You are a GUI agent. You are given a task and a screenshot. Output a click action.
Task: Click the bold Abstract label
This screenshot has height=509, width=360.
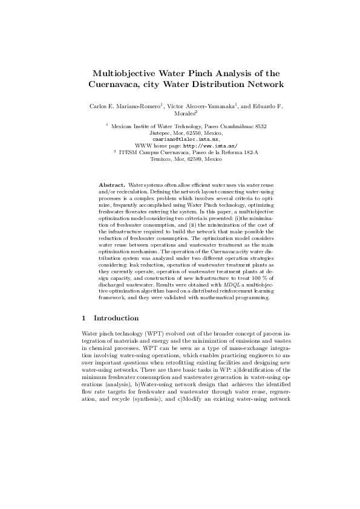(112, 184)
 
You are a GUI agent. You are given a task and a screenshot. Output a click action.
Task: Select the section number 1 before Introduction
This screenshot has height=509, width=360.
(83, 318)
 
